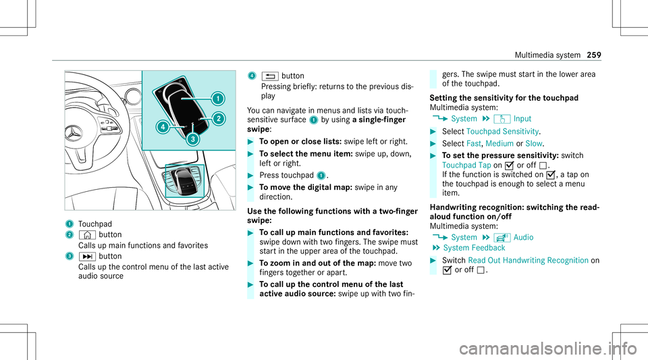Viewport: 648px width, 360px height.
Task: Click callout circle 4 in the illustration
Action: pos(163,126)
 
